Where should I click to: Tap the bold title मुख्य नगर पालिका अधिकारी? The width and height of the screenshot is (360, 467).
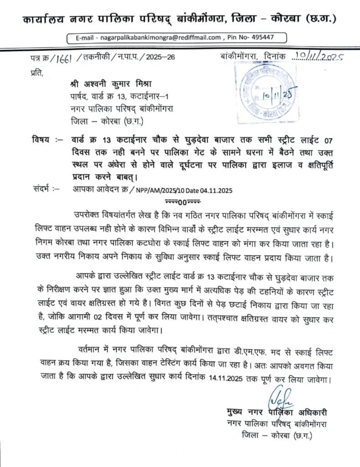point(277,413)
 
